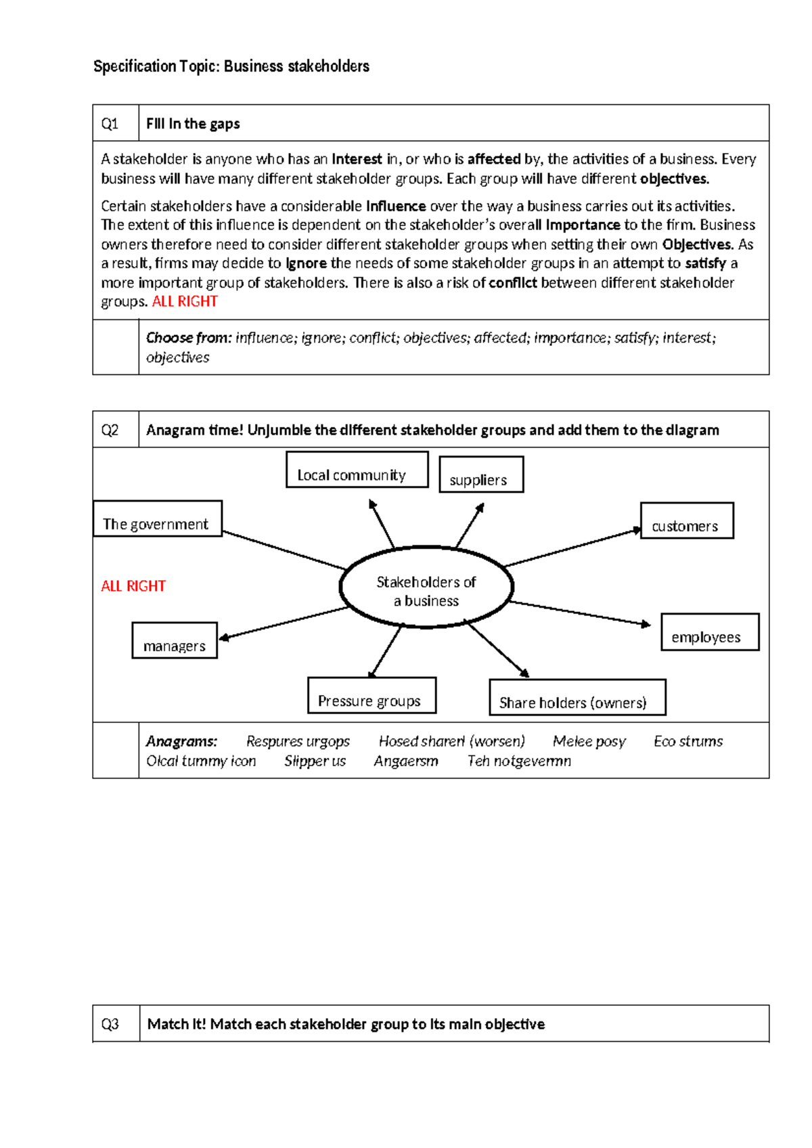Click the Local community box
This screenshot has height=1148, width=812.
tap(357, 470)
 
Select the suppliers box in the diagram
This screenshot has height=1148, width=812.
tap(481, 474)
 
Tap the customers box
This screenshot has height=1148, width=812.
tap(687, 521)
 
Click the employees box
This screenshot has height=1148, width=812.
tap(710, 632)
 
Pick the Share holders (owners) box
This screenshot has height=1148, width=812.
tap(577, 698)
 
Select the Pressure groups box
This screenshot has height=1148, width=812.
tap(371, 696)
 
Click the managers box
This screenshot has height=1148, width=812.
tap(175, 641)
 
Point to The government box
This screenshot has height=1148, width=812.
tap(157, 519)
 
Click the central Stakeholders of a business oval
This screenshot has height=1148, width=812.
tap(426, 588)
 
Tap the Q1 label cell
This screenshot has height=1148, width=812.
tap(115, 123)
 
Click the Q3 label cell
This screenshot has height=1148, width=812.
tap(116, 1023)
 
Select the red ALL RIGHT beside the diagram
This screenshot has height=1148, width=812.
tap(133, 586)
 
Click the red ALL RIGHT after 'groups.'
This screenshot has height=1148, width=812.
tap(185, 302)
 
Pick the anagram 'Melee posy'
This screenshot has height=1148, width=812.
tap(589, 741)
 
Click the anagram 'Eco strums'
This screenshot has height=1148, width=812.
tap(688, 741)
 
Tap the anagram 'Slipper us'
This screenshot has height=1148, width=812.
tap(315, 761)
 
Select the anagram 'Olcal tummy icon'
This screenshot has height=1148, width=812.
tap(201, 761)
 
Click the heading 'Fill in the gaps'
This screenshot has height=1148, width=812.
tap(193, 124)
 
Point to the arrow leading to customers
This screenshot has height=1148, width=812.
tap(572, 548)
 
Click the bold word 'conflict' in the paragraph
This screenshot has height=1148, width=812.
tap(514, 283)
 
